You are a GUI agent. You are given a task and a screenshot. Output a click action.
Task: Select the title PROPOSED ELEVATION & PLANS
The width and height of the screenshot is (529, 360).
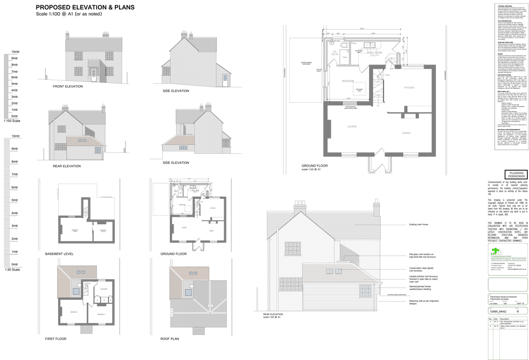[85, 7]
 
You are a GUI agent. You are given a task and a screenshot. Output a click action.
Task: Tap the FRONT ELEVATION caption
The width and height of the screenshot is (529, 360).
[68, 86]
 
